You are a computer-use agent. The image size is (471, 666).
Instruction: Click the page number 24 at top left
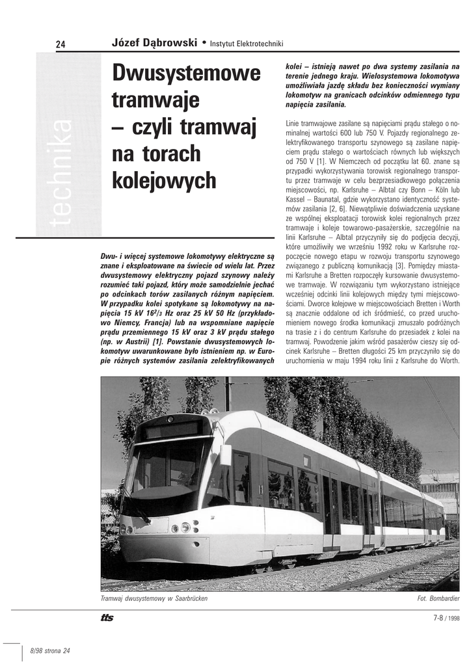61,44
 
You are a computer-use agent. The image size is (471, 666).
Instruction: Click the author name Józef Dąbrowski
155,43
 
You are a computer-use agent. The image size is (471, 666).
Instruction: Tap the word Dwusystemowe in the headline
186,73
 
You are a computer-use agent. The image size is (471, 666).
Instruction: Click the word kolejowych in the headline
164,180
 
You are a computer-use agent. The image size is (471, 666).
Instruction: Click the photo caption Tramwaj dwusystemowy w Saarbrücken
154,598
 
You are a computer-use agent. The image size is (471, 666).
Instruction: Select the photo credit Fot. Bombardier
438,598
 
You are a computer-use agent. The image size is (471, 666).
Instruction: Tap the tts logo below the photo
107,618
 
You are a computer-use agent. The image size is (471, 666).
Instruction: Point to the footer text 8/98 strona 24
50,651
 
